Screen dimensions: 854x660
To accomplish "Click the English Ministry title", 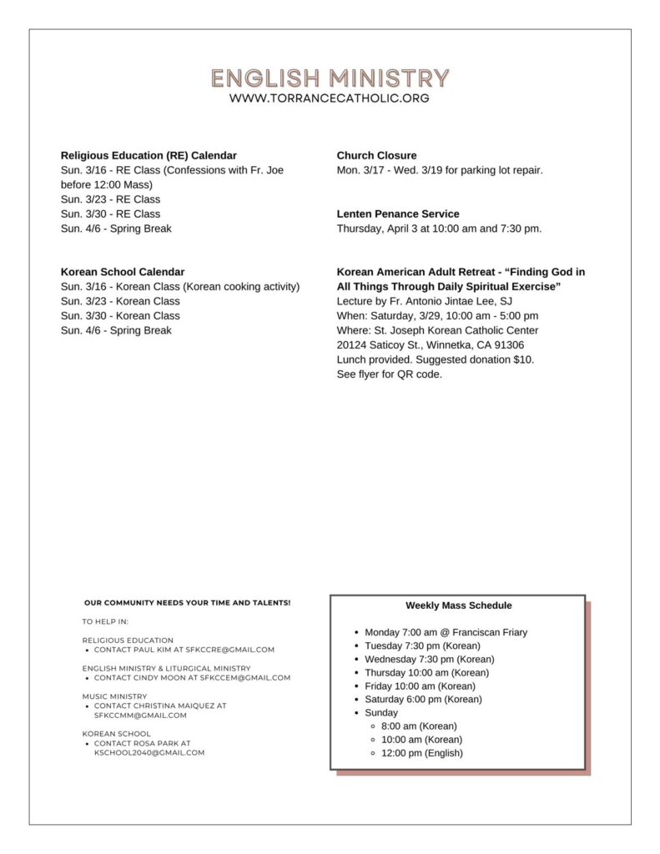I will click(330, 78).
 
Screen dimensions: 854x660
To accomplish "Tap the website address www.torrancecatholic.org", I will click(330, 98).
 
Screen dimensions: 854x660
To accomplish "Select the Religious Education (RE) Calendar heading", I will click(149, 155).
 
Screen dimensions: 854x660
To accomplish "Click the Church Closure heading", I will click(376, 155).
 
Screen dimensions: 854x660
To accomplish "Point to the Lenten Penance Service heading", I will click(398, 213).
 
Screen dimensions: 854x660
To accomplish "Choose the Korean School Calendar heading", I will click(123, 272).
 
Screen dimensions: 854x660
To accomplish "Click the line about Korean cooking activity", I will click(180, 287).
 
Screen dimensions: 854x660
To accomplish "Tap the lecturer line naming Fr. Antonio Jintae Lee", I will click(430, 301).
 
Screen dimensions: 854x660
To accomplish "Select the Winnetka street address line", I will click(431, 345).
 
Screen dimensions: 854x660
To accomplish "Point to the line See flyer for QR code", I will click(390, 374).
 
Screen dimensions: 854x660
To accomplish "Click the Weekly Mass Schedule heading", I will click(459, 605).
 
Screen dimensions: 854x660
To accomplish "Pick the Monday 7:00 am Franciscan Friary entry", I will click(446, 632).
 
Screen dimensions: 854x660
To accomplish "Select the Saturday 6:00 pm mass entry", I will click(423, 699).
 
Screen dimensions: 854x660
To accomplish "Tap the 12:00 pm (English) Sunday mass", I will click(421, 753).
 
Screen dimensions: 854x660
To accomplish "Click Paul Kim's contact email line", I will click(184, 650).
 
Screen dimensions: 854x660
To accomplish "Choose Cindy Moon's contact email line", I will click(192, 678).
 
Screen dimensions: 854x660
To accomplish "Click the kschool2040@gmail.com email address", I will click(149, 752).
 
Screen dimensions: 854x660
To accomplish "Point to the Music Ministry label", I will click(114, 696).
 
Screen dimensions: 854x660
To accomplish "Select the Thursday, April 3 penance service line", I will click(439, 229).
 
